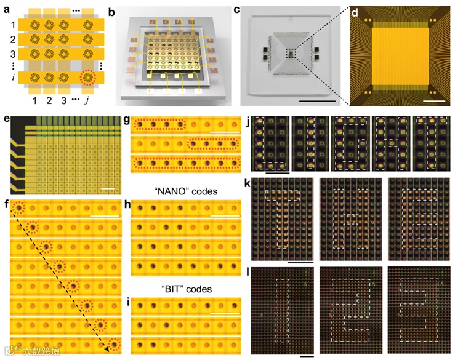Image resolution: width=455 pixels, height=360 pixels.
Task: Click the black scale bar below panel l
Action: pos(307,355)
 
